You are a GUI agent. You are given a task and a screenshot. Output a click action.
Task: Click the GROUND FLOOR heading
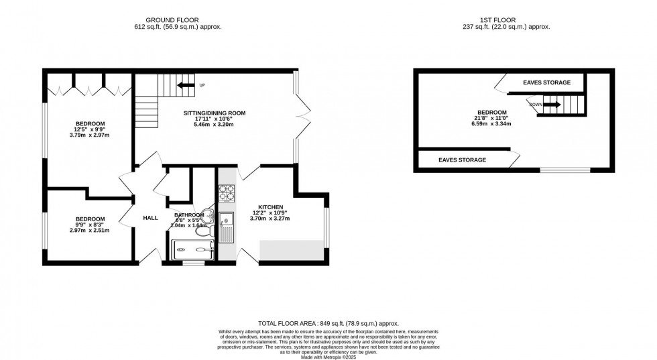click(x=178, y=20)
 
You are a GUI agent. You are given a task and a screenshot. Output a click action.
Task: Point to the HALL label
click(x=150, y=218)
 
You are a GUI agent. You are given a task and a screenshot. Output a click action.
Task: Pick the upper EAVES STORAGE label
click(x=546, y=82)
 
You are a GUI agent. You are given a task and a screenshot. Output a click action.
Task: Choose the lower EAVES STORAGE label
click(x=462, y=160)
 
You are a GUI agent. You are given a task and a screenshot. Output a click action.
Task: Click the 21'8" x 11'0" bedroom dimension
click(x=491, y=119)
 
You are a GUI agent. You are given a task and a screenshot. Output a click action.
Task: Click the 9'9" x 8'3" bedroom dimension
click(x=89, y=225)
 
